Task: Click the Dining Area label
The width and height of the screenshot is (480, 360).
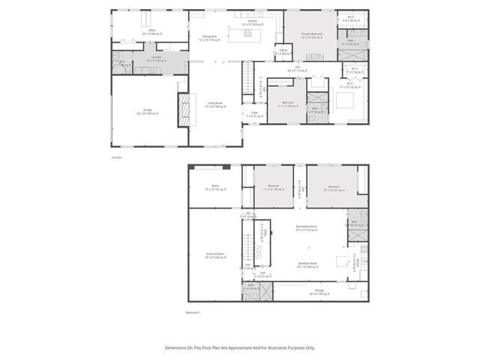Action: (x=209, y=37)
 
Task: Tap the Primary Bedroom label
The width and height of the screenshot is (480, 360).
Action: (x=311, y=34)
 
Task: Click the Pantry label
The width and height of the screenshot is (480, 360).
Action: (x=284, y=53)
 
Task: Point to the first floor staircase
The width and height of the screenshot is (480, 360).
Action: (x=246, y=77)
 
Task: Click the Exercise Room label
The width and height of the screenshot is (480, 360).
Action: (x=217, y=256)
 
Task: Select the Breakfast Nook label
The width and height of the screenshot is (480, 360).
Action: (x=308, y=265)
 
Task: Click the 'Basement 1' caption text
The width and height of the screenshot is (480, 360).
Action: (x=193, y=311)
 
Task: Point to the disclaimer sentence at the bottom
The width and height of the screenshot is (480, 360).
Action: (x=239, y=347)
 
